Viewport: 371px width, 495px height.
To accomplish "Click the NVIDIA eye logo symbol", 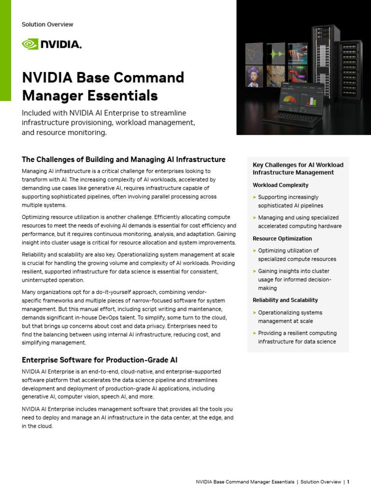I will tap(29, 44).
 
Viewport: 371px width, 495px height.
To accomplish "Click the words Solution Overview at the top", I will tap(47, 24).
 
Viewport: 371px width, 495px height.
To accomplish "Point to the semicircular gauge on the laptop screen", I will tap(289, 100).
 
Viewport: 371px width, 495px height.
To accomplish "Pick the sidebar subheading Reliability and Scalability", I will tap(285, 300).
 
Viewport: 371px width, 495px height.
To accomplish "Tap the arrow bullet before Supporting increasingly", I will tap(254, 197).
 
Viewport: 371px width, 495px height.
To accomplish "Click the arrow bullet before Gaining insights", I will tap(254, 271).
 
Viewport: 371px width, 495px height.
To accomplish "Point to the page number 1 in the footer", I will tap(348, 482).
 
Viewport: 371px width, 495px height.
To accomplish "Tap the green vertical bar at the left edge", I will tap(5, 50).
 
